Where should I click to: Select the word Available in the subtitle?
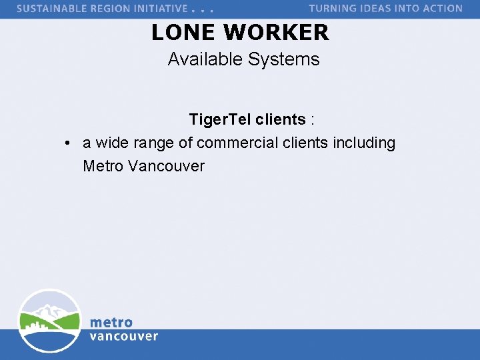205,59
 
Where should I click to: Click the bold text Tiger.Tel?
219,120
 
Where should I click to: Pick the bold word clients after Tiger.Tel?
280,120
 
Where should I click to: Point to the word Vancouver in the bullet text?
166,166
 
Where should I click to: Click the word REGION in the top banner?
118,9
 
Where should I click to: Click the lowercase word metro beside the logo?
111,323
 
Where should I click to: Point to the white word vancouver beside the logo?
124,336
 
